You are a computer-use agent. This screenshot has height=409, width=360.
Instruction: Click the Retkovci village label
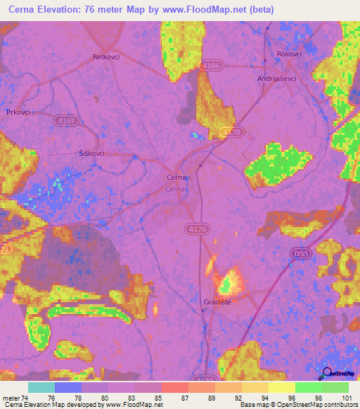[x=107, y=57]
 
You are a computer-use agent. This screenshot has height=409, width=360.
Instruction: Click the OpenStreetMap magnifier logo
[x=326, y=373]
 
